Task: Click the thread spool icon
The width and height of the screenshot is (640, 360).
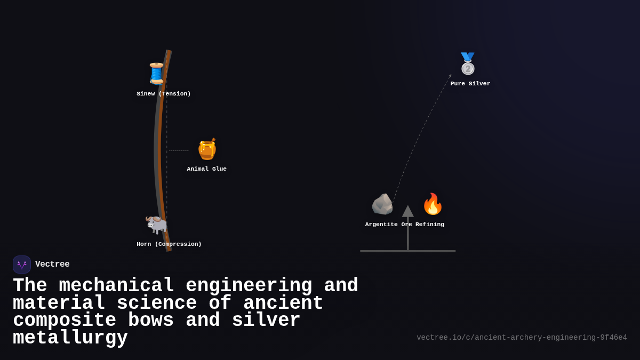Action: tap(156, 74)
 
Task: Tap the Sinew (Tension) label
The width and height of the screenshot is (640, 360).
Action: tap(164, 94)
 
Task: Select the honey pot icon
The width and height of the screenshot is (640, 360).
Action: tap(207, 149)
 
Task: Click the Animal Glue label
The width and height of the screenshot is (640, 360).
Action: tap(207, 169)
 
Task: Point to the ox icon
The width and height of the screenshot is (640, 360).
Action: tap(156, 224)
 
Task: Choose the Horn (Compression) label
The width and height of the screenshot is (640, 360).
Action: tap(169, 244)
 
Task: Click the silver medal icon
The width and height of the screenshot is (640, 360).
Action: tap(468, 64)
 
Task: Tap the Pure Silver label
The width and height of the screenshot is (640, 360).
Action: tap(470, 84)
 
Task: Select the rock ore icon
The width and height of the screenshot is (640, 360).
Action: tap(382, 204)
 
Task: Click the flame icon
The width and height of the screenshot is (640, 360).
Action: tap(433, 204)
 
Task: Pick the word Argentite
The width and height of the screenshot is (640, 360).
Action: tap(381, 225)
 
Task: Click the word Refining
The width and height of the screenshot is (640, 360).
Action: tap(430, 225)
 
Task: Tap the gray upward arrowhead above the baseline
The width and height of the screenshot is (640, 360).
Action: tap(408, 211)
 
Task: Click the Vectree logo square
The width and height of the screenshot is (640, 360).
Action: tap(22, 265)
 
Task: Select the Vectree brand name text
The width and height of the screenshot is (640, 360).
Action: tap(52, 265)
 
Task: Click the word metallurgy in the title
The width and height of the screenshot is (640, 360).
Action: tap(70, 338)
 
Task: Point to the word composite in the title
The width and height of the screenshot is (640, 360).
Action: tap(65, 321)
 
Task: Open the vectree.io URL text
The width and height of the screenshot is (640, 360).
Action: tap(522, 338)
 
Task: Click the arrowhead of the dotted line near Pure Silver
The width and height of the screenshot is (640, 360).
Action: tap(450, 76)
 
